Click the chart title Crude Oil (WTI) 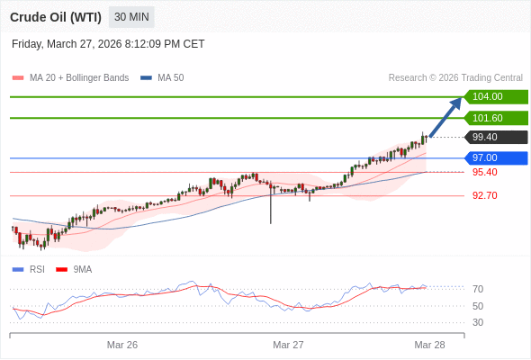56,17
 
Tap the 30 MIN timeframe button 131,17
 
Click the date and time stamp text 108,43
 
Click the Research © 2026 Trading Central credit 455,78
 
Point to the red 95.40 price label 484,172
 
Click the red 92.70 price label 484,195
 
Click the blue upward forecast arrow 446,116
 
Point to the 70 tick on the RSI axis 478,289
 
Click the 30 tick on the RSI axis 478,322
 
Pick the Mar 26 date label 122,345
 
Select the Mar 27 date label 288,345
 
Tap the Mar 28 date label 429,345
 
